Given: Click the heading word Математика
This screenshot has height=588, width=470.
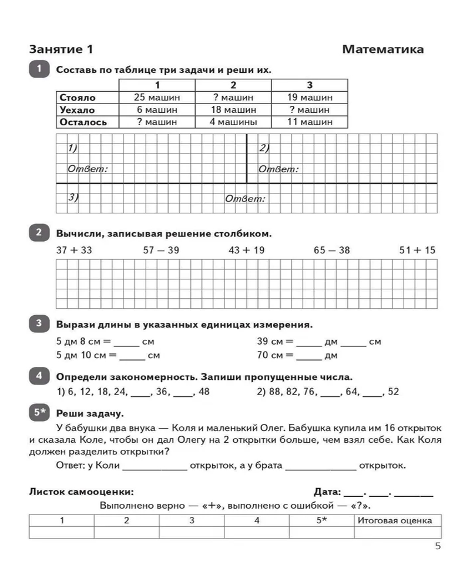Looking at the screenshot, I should click(x=382, y=49).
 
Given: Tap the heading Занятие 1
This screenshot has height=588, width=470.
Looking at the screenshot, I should click(x=61, y=49).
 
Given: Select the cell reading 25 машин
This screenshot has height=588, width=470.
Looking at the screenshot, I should click(x=157, y=97).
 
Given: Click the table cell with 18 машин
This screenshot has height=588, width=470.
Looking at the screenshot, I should click(x=233, y=109).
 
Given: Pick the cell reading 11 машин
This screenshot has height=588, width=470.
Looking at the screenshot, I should click(x=310, y=122).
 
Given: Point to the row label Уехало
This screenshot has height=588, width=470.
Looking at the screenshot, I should click(x=77, y=109).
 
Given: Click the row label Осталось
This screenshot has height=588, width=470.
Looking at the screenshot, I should click(x=83, y=122).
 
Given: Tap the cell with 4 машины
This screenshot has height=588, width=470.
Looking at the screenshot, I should click(x=233, y=122).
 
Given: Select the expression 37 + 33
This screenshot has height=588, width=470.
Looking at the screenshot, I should click(x=74, y=250).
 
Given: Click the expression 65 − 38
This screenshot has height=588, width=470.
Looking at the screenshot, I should click(x=331, y=250).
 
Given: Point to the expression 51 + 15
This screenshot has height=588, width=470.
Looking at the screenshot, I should click(x=417, y=250).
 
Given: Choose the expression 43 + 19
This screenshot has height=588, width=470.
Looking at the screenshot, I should click(x=246, y=250).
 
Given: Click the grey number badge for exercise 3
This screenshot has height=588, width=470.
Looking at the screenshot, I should click(x=39, y=323).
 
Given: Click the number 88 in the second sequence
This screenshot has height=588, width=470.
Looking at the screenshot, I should click(x=275, y=392).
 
